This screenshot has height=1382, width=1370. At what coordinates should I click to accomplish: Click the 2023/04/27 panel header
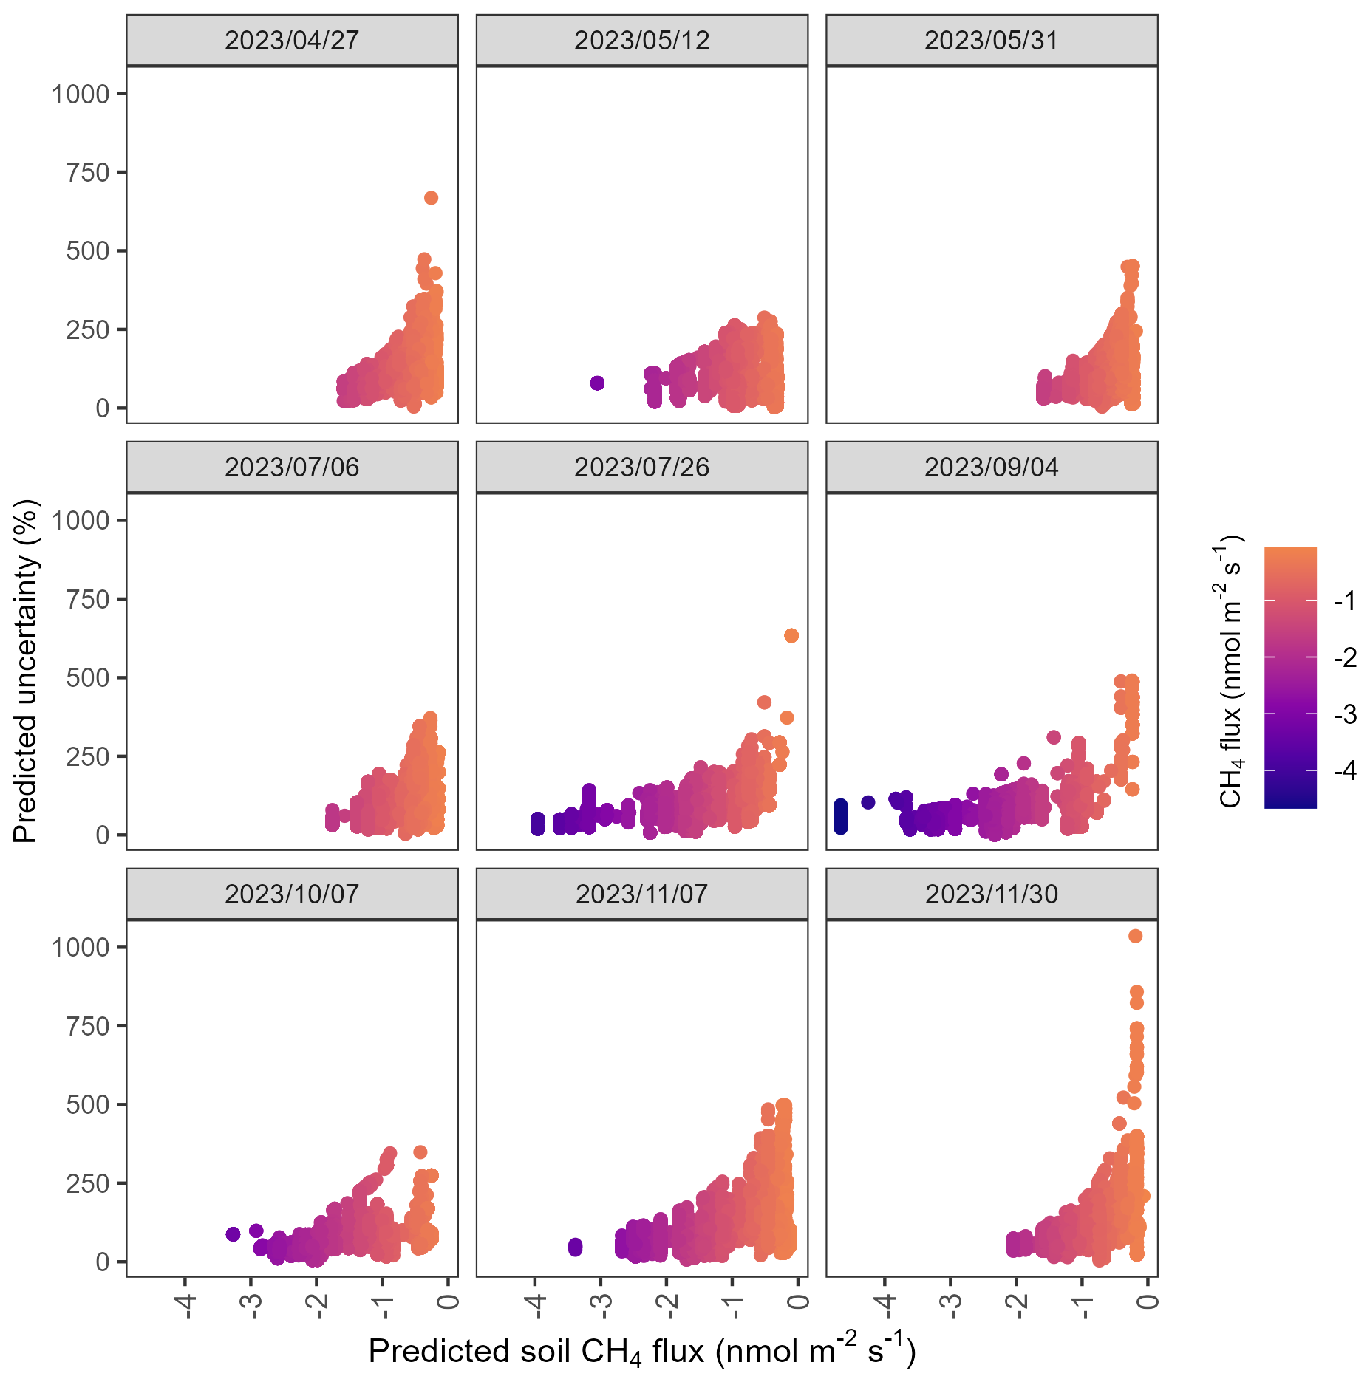(292, 41)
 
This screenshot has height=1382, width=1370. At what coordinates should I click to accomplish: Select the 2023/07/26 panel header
(641, 468)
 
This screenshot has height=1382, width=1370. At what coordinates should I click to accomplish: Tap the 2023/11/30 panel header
(991, 894)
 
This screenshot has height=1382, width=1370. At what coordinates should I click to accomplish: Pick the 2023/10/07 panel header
(292, 894)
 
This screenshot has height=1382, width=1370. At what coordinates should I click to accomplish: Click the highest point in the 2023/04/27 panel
(431, 198)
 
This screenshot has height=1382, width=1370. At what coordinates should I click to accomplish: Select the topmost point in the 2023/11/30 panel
(1136, 937)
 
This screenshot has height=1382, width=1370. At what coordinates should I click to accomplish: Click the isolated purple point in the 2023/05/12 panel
(597, 383)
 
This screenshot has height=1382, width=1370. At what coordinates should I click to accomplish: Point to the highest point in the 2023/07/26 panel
(791, 635)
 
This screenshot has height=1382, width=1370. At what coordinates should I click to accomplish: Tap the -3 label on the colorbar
(1346, 714)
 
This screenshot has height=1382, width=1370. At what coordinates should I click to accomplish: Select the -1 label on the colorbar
(1346, 601)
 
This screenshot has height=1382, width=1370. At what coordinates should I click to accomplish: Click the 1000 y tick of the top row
(81, 95)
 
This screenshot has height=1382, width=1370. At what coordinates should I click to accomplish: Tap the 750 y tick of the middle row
(87, 600)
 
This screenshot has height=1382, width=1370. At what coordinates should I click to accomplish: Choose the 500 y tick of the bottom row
(87, 1105)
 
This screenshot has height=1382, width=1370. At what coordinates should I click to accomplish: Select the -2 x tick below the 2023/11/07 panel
(667, 1306)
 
